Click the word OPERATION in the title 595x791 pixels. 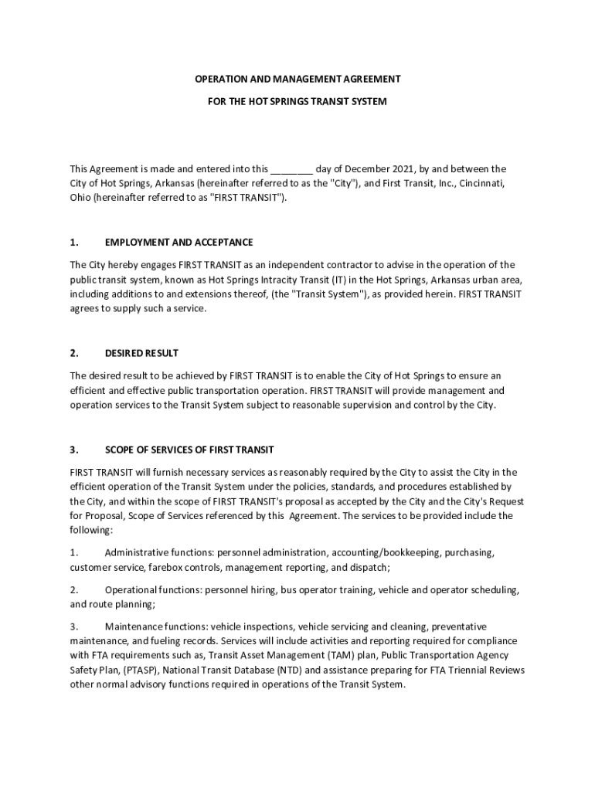click(x=219, y=80)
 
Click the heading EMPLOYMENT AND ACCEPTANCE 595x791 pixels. click(x=178, y=243)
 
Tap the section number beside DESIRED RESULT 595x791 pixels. click(x=74, y=353)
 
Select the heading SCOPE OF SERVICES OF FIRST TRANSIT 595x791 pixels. click(x=189, y=450)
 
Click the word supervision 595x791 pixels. click(x=362, y=405)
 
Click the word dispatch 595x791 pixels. click(x=371, y=568)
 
